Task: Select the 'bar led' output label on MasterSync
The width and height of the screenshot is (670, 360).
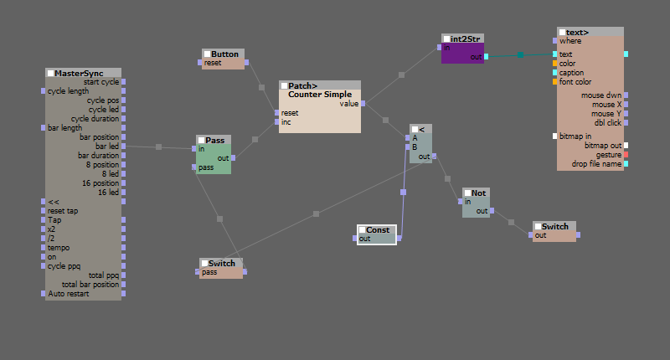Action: [107, 146]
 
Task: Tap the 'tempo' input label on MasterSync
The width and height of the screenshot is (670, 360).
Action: [59, 248]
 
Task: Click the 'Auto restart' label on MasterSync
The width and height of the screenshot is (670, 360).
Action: [69, 294]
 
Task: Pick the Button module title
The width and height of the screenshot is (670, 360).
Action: [224, 54]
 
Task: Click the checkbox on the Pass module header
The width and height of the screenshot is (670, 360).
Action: [201, 140]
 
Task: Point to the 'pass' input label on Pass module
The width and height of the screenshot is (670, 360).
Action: [206, 167]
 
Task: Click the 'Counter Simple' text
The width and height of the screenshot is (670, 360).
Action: [320, 95]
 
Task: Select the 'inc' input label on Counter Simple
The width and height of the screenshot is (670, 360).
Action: [286, 122]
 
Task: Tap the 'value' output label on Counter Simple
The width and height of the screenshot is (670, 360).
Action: [349, 103]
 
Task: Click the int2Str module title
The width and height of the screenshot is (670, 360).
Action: [465, 39]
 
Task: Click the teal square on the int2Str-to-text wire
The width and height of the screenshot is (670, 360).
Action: [520, 54]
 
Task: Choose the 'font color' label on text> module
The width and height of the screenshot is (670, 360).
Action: [575, 82]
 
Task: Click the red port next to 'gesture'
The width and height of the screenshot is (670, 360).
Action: [626, 155]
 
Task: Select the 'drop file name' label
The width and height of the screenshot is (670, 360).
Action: [596, 164]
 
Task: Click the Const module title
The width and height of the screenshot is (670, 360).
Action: [378, 229]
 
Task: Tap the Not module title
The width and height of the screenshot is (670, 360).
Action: [478, 193]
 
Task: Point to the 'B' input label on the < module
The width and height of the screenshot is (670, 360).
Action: [415, 147]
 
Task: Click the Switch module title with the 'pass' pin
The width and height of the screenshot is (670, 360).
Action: [222, 263]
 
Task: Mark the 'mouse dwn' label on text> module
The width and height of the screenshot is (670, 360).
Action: [601, 95]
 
